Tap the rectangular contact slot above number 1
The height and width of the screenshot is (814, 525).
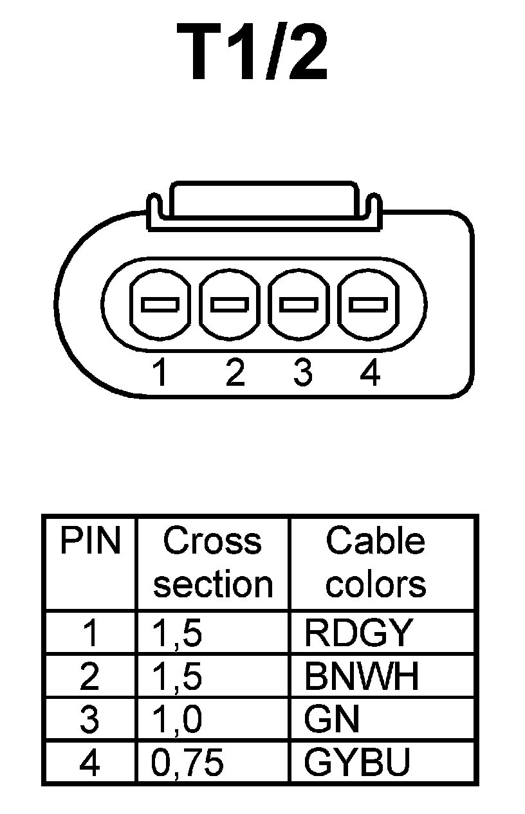click(x=160, y=304)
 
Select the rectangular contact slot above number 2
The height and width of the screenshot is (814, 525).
click(x=230, y=304)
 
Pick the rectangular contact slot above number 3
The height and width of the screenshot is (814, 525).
click(x=299, y=304)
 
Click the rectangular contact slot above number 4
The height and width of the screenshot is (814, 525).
click(x=368, y=304)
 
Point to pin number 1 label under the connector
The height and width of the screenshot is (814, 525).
click(x=160, y=373)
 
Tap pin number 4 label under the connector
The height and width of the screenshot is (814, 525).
click(x=369, y=373)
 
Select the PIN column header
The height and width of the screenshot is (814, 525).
click(x=90, y=541)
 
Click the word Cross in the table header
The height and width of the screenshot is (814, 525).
click(x=212, y=541)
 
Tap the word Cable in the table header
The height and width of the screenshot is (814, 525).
click(x=376, y=541)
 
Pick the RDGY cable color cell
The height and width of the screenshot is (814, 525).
click(x=357, y=633)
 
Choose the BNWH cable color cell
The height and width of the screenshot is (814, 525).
click(x=362, y=676)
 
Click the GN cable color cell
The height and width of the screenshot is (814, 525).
click(x=331, y=720)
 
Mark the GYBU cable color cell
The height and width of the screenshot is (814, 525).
click(x=357, y=763)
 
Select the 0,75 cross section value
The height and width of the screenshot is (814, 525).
click(x=188, y=763)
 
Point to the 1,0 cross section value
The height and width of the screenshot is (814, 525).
click(x=177, y=720)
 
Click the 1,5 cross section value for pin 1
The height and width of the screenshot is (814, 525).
click(x=177, y=633)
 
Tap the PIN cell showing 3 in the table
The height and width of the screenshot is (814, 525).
click(x=89, y=720)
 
